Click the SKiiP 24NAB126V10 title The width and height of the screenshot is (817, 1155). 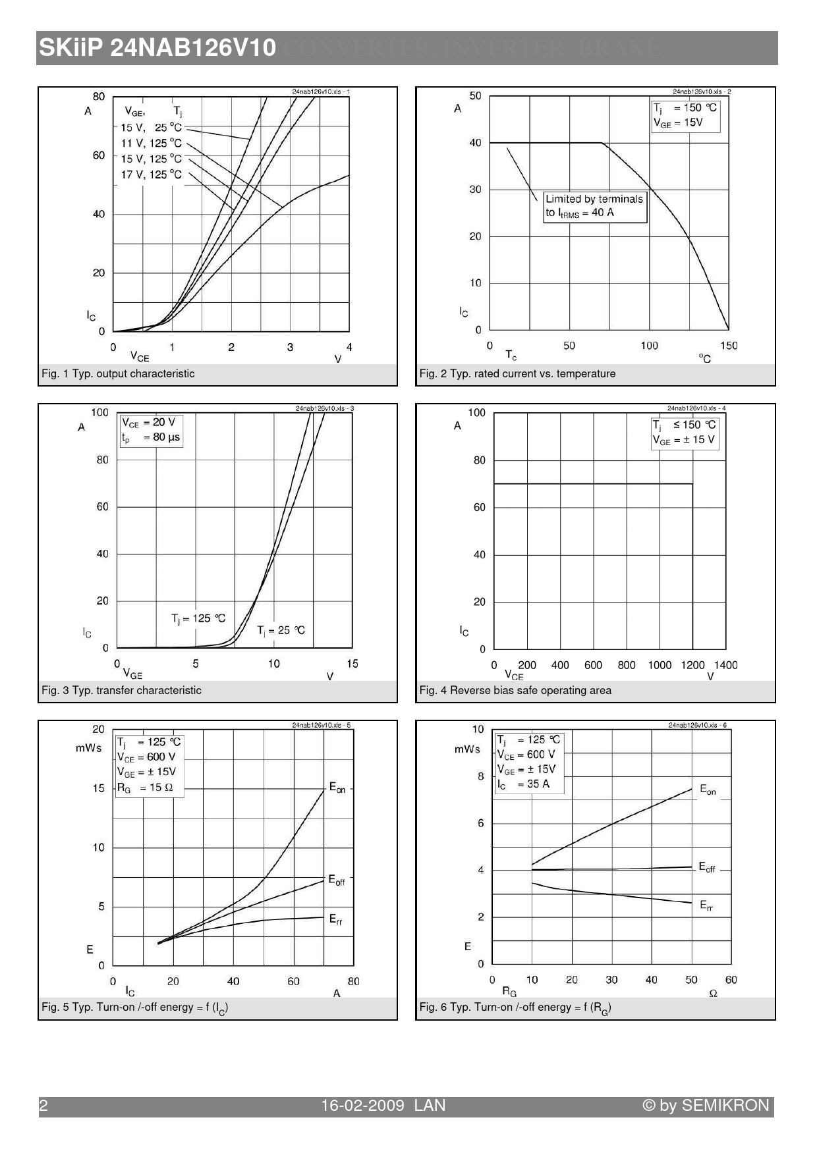[x=157, y=48]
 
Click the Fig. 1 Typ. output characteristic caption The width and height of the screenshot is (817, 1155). [x=118, y=373]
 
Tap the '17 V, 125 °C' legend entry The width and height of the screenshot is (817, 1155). [x=151, y=175]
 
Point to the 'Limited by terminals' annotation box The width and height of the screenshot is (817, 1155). [x=594, y=205]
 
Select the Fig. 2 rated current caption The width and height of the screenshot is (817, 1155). [x=517, y=373]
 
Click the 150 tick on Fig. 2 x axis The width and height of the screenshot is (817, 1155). [x=729, y=346]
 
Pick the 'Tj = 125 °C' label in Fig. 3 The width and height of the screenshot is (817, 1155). [x=198, y=618]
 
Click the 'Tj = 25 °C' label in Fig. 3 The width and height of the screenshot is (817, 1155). [x=281, y=630]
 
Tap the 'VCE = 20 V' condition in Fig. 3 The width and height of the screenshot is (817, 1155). [x=149, y=422]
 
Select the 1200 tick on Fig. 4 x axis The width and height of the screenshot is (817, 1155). [x=692, y=665]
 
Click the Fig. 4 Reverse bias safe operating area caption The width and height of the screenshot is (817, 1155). [x=515, y=690]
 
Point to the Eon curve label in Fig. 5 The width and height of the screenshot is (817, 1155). [x=337, y=788]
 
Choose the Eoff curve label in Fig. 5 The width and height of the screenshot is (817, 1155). [x=337, y=880]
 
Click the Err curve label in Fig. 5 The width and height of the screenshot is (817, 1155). [x=336, y=919]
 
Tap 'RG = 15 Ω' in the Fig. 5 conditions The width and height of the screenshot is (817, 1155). [x=146, y=788]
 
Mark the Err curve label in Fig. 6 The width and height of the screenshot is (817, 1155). [x=706, y=905]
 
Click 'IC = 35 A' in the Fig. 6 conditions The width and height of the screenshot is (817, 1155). [x=524, y=784]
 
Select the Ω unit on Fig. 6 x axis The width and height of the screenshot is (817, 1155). [x=713, y=994]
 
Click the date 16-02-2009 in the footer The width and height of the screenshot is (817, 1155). [x=362, y=1106]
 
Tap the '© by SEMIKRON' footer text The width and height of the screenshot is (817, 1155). [x=706, y=1106]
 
